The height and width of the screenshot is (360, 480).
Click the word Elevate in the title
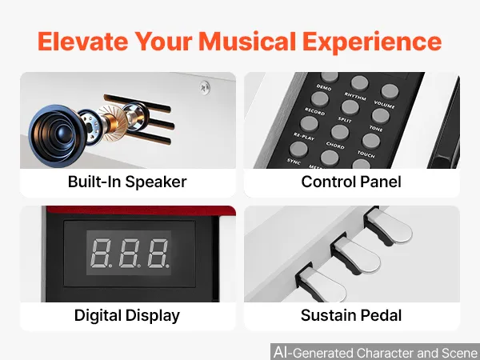82,41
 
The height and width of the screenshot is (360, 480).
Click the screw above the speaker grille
205,87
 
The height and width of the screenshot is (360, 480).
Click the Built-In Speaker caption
127,182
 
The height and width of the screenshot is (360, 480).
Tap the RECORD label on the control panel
314,111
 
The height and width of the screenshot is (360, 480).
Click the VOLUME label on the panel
384,104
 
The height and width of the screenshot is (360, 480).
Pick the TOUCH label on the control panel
366,154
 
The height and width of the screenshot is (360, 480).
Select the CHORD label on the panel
335,145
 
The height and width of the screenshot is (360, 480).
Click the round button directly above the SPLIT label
350,107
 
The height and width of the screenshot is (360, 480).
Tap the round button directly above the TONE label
380,116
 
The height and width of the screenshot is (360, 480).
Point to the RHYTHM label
355,96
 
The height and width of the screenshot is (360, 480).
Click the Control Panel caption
351,182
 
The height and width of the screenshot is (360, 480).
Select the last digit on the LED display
158,253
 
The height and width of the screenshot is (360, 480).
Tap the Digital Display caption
127,316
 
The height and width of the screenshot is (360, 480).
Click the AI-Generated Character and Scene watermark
376,352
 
